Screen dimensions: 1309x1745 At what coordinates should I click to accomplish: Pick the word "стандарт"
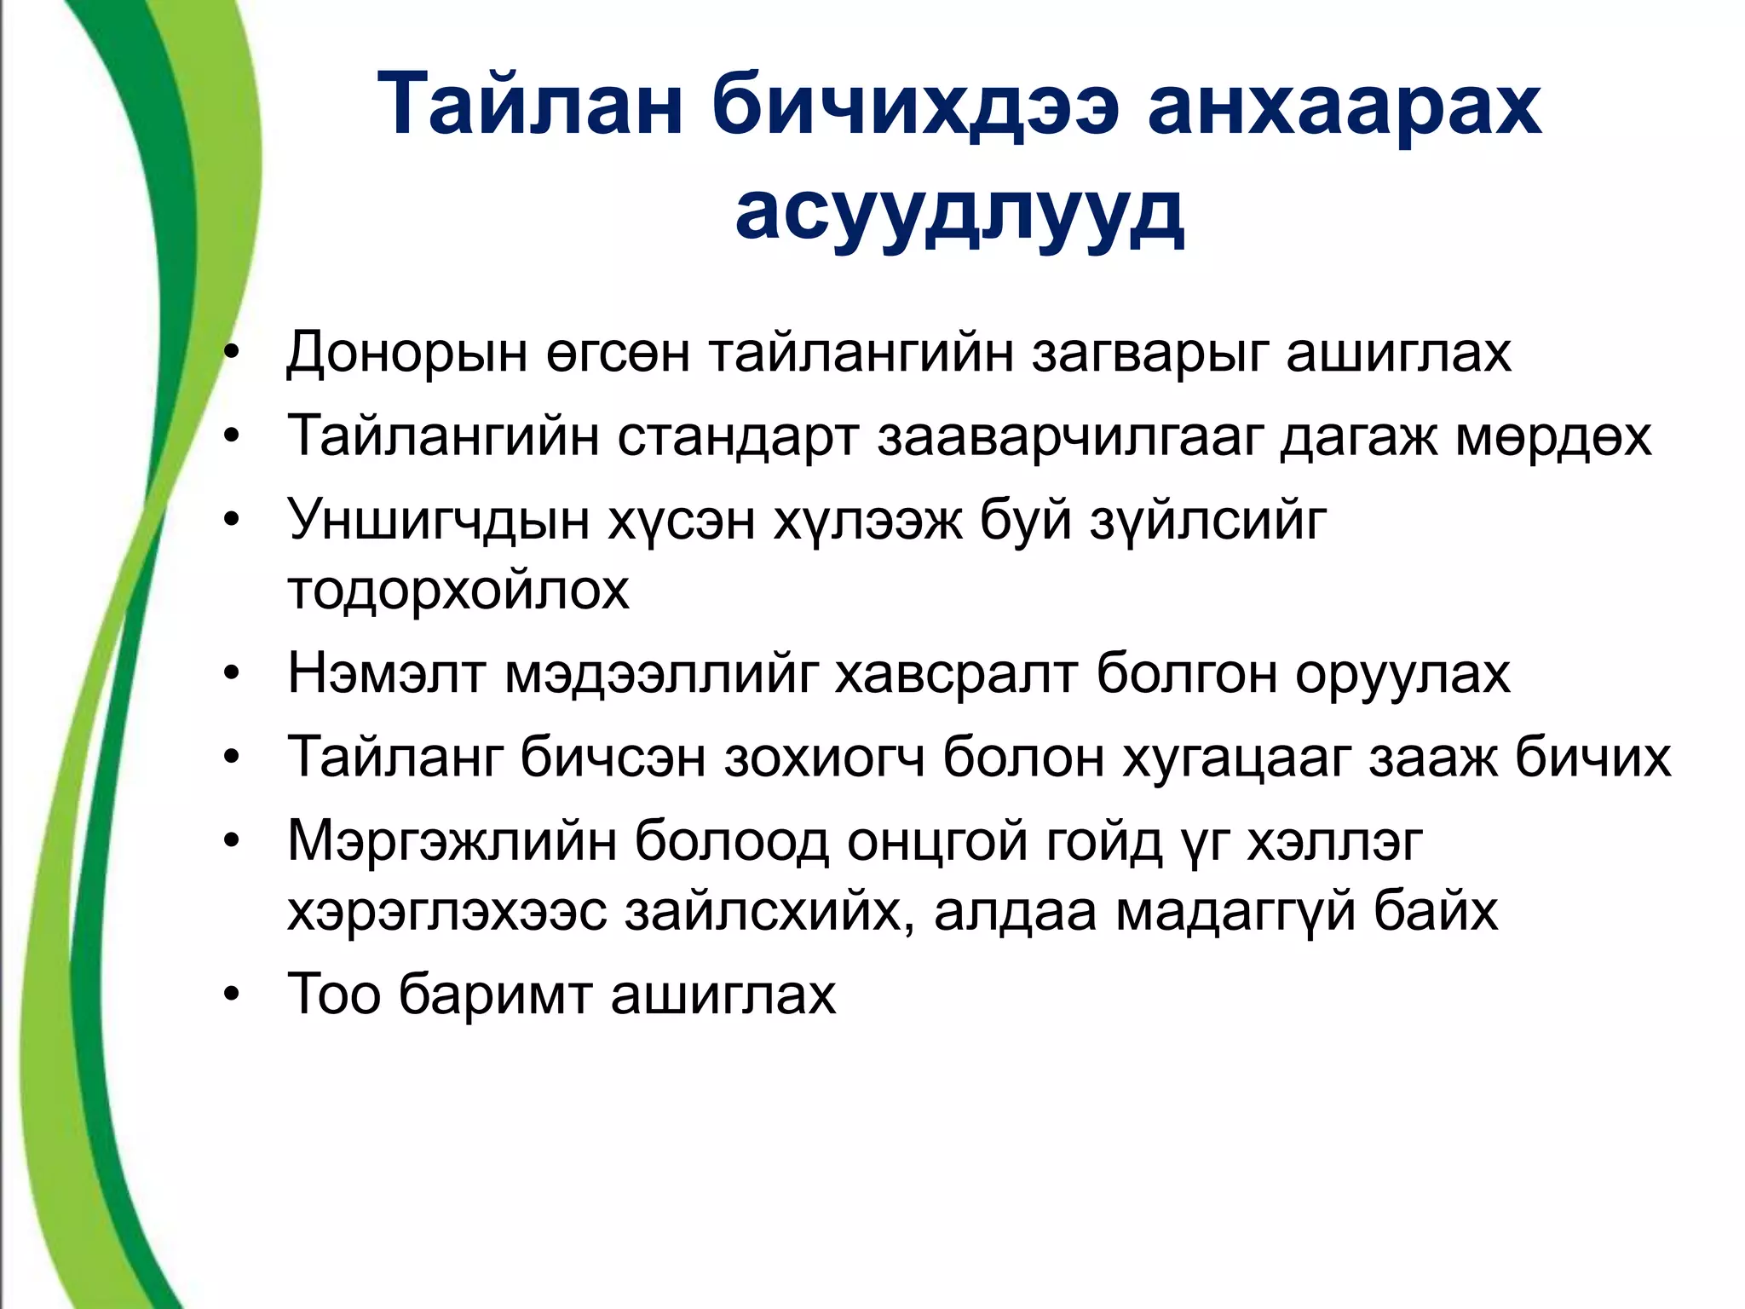click(x=737, y=435)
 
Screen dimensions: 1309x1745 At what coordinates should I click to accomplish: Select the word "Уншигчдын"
click(x=438, y=520)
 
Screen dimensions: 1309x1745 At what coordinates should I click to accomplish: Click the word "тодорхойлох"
click(x=458, y=589)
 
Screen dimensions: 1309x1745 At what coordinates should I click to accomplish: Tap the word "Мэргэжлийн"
click(x=452, y=842)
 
